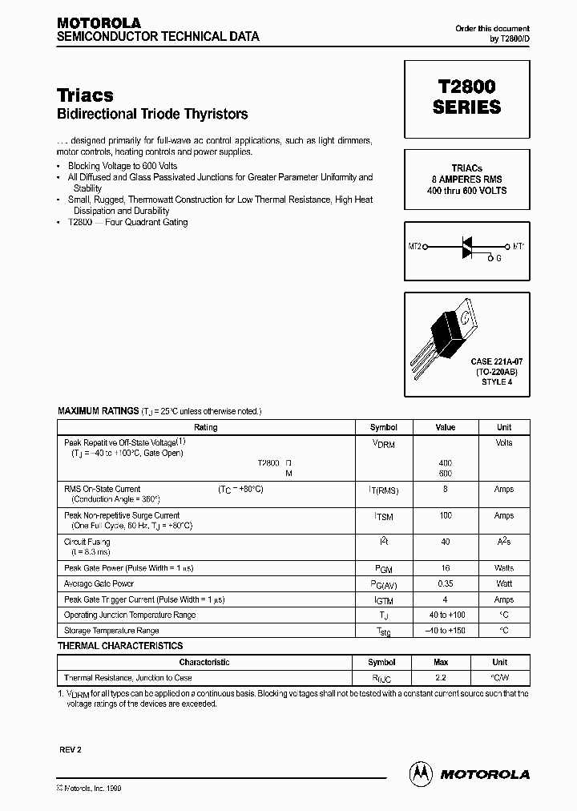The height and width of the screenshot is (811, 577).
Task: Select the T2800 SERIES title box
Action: (466, 97)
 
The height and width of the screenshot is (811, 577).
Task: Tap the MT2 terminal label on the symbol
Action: (414, 247)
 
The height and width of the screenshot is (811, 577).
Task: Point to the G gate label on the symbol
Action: (499, 259)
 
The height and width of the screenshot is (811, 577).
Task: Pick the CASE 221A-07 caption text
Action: (496, 363)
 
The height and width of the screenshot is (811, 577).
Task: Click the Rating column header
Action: (206, 427)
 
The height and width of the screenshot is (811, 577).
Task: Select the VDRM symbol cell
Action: (383, 443)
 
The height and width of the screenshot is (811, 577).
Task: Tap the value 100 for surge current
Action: (445, 516)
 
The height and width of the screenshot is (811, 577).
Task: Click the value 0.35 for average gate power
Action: (445, 584)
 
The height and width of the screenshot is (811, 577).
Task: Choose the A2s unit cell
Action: (503, 543)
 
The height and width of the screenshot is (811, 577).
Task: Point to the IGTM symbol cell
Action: (383, 600)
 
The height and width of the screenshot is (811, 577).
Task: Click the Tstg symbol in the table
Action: (383, 631)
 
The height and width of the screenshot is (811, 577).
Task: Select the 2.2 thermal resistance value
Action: (441, 678)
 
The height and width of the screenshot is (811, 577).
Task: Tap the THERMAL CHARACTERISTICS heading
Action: (120, 646)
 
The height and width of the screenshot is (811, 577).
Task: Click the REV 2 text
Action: (70, 749)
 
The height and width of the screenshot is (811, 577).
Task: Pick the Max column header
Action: (441, 663)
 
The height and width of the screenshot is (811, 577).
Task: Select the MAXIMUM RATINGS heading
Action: (98, 410)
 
